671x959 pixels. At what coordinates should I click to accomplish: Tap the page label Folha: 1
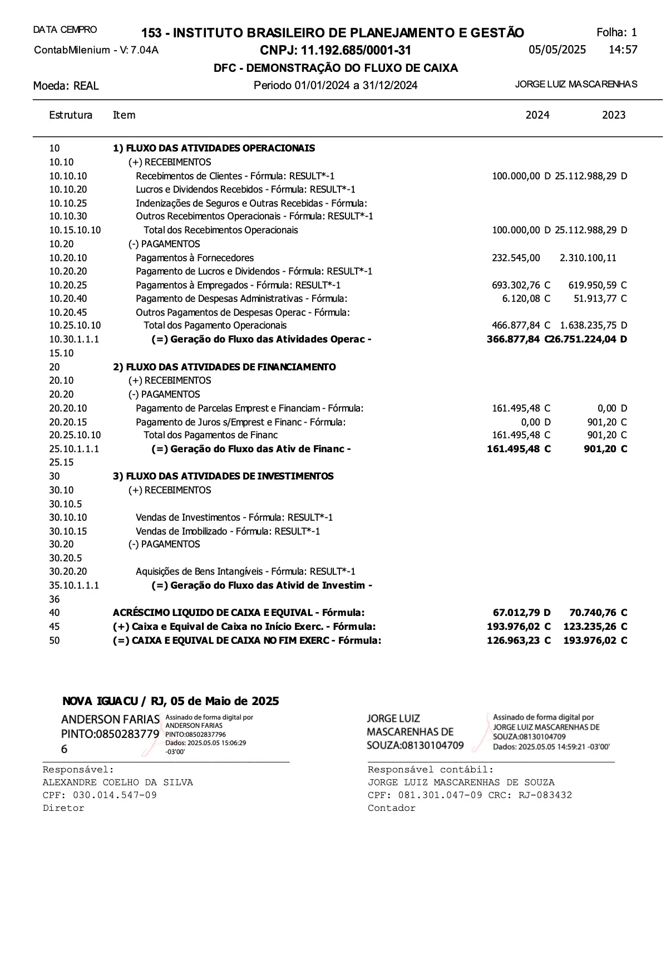[616, 32]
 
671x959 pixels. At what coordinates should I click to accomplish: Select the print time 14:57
[623, 50]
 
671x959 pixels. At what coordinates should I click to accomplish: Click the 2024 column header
[537, 115]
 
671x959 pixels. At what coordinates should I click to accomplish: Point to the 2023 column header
[613, 115]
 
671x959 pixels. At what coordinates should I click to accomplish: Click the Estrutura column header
[71, 115]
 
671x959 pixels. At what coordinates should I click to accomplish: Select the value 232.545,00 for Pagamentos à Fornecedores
[516, 258]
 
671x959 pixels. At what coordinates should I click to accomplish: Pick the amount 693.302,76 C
[521, 285]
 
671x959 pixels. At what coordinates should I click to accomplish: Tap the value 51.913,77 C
[600, 299]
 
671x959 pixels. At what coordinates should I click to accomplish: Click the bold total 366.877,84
[513, 339]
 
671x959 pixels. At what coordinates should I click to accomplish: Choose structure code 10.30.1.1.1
[74, 339]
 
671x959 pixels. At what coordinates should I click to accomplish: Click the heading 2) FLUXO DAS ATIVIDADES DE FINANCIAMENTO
[224, 367]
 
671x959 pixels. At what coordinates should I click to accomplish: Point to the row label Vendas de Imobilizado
[228, 531]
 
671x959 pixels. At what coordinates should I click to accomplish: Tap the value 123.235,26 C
[595, 627]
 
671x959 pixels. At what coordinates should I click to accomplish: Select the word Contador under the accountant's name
[391, 808]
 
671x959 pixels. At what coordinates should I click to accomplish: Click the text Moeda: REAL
[66, 86]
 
